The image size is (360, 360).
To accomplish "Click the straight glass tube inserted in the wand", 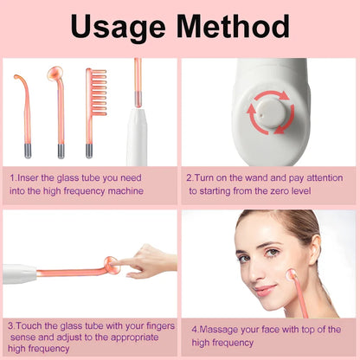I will (137, 87).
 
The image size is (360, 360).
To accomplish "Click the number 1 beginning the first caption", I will (13, 177).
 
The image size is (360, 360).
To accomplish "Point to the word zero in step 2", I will (279, 190).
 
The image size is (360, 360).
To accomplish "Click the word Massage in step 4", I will (216, 329).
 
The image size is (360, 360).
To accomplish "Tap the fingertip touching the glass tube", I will (120, 262).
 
